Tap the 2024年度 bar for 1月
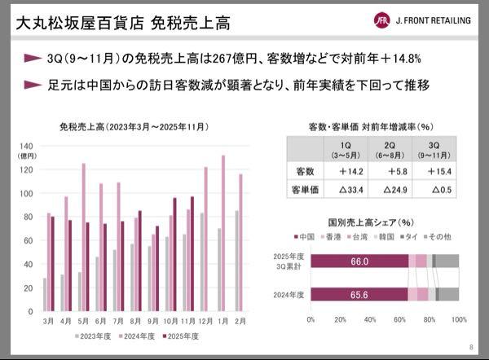pyautogui.click(x=222, y=233)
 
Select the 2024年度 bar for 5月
pyautogui.click(x=83, y=237)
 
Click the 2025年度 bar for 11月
pyautogui.click(x=192, y=253)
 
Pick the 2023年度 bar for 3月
pyautogui.click(x=45, y=294)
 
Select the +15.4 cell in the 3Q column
pyautogui.click(x=435, y=172)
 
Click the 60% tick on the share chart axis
pyautogui.click(x=399, y=319)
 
